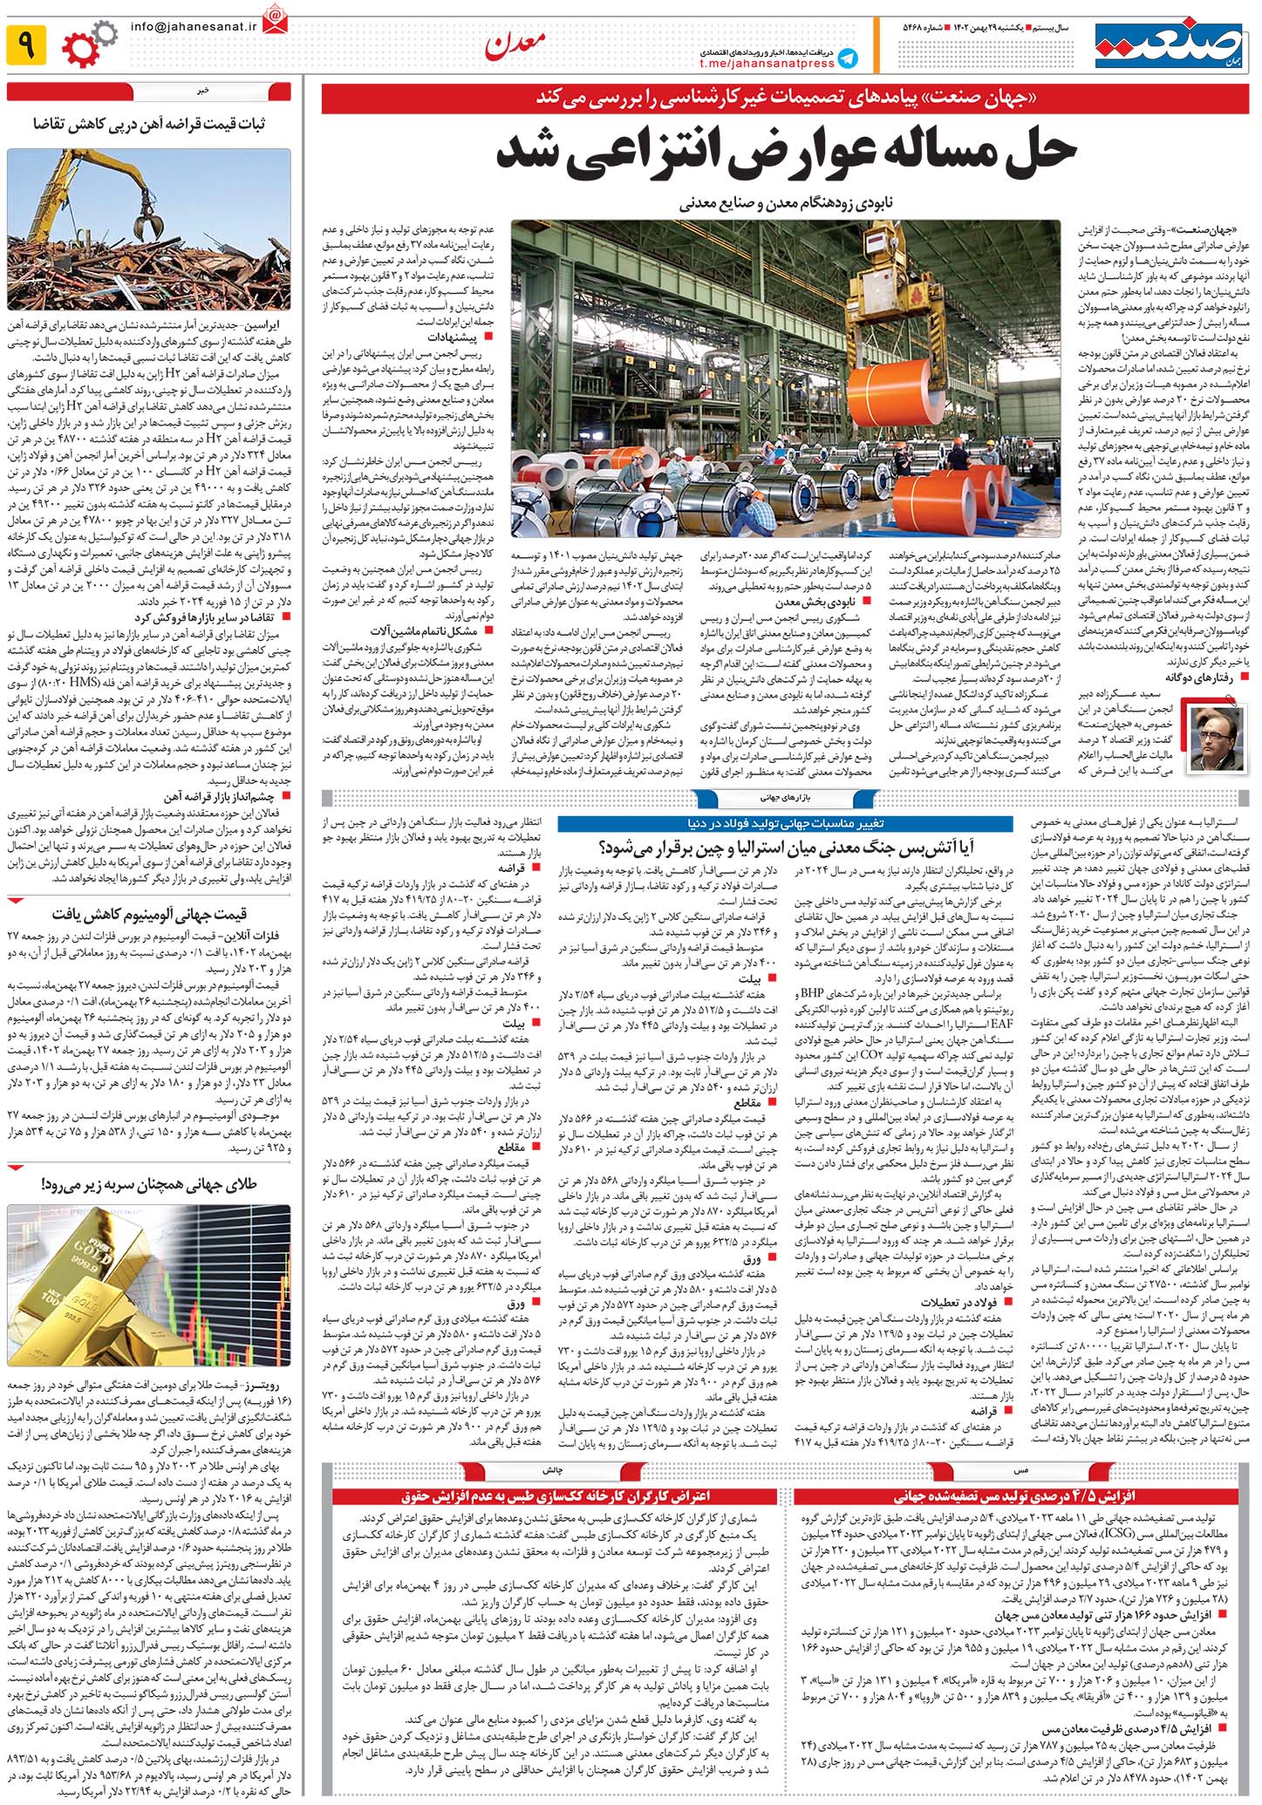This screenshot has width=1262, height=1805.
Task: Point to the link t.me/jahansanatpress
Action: (767, 64)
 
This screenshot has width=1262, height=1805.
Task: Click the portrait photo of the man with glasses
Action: (1217, 738)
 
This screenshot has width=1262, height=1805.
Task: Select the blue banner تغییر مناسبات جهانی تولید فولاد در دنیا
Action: (785, 822)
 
